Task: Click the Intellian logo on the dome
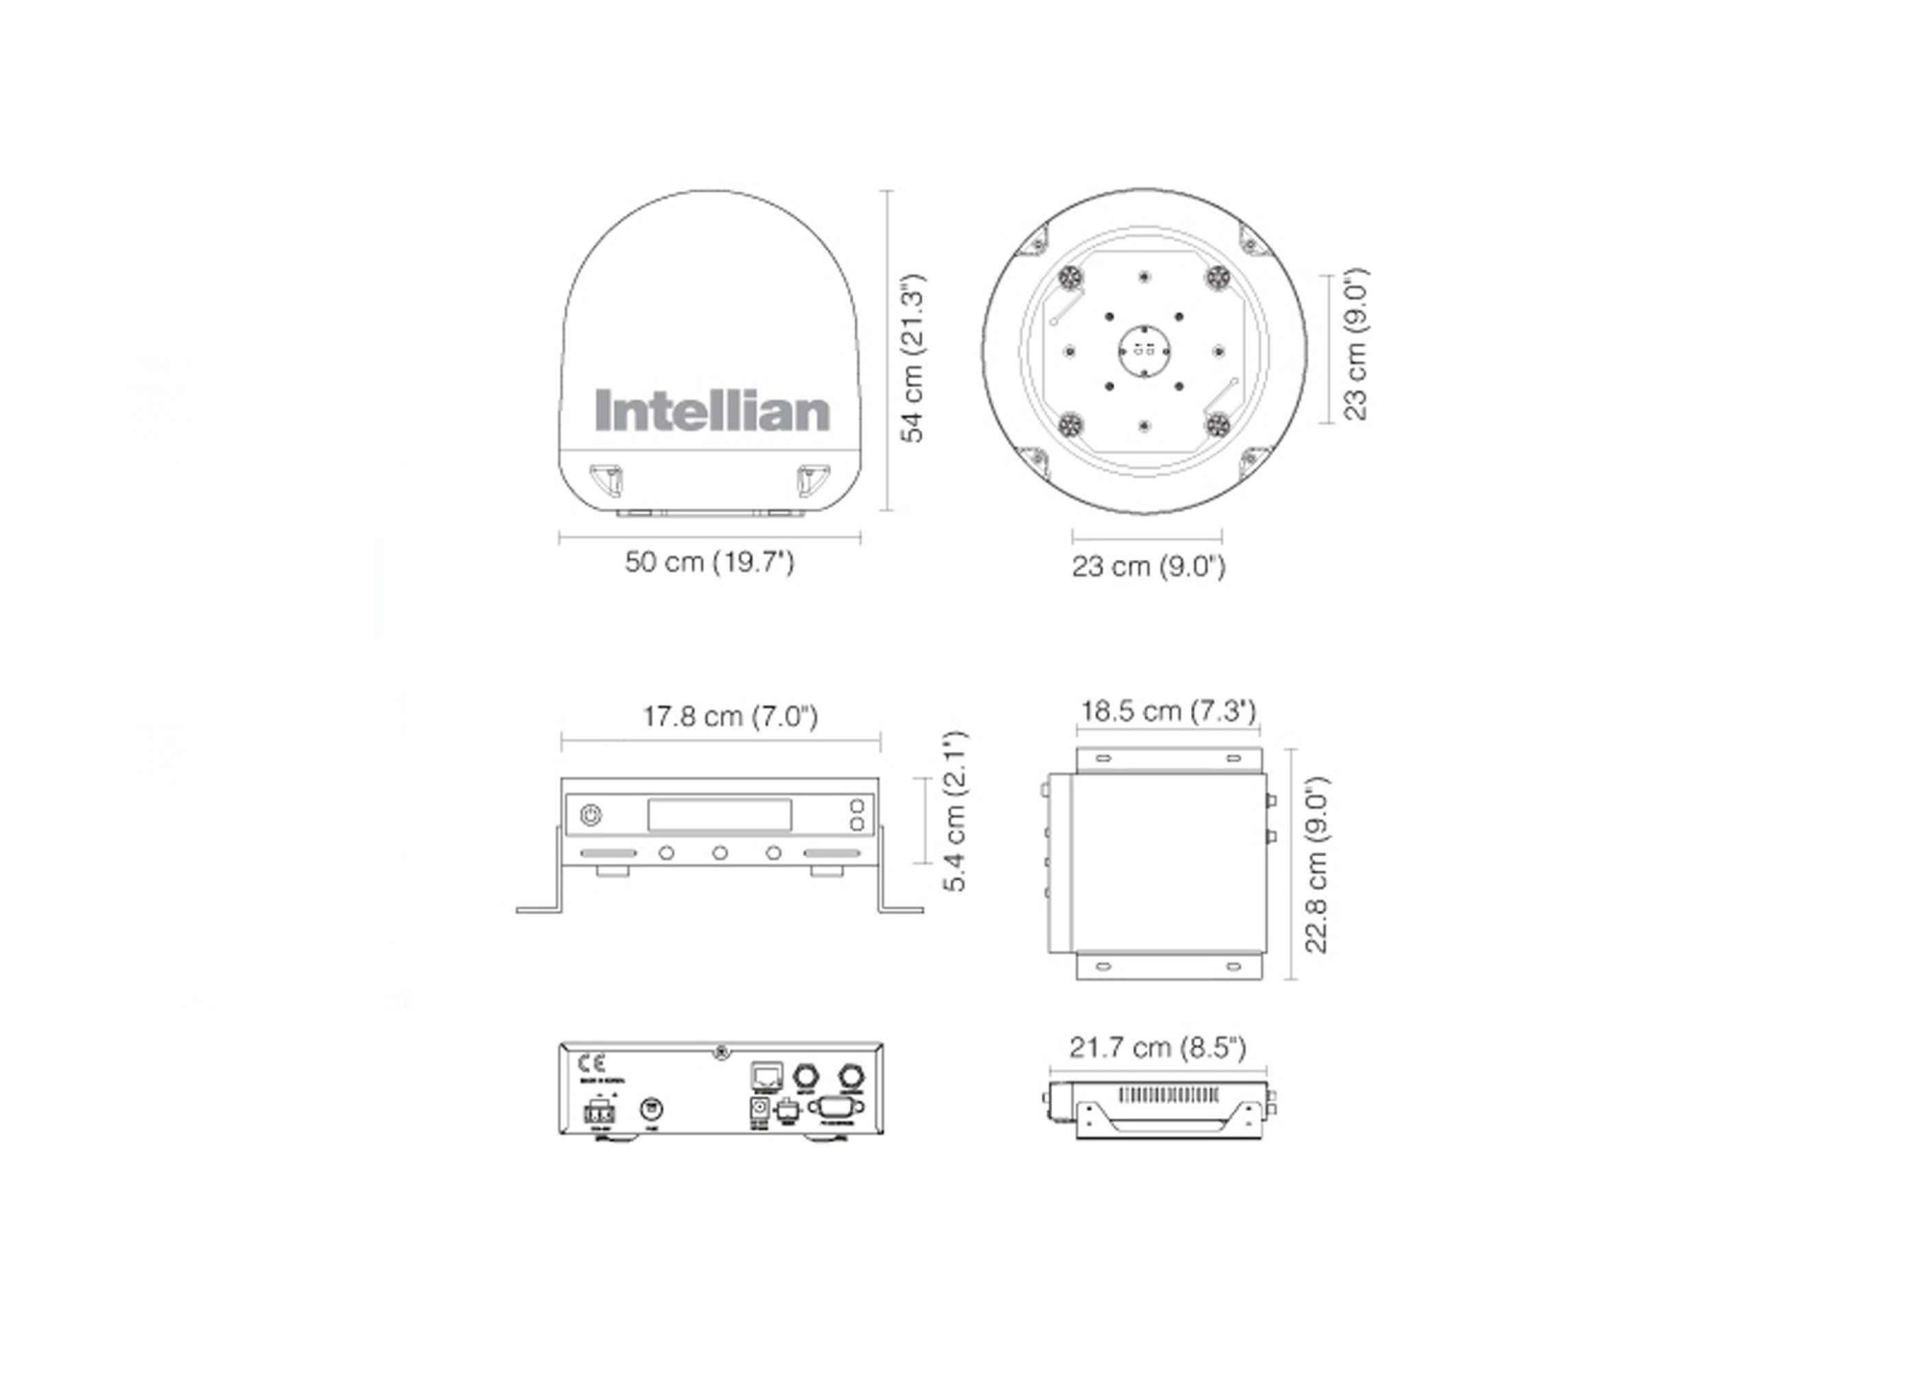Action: pyautogui.click(x=712, y=411)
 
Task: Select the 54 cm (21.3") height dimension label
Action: pyautogui.click(x=912, y=358)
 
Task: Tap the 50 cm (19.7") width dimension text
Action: pyautogui.click(x=709, y=561)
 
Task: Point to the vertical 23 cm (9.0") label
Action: pyautogui.click(x=1354, y=344)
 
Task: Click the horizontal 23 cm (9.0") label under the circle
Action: pyautogui.click(x=1148, y=566)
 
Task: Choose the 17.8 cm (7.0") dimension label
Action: pyautogui.click(x=730, y=717)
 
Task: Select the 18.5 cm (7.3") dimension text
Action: pyautogui.click(x=1168, y=711)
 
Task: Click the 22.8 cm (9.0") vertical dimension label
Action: pyautogui.click(x=1316, y=865)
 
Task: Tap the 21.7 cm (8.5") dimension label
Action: pyautogui.click(x=1157, y=1046)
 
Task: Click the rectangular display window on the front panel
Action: pyautogui.click(x=719, y=815)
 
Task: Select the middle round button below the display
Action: pyautogui.click(x=719, y=853)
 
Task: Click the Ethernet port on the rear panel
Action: pyautogui.click(x=766, y=1075)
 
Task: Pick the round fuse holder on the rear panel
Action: pyautogui.click(x=651, y=1110)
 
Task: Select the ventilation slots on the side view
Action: pyautogui.click(x=1169, y=1095)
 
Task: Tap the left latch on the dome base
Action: pyautogui.click(x=607, y=478)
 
